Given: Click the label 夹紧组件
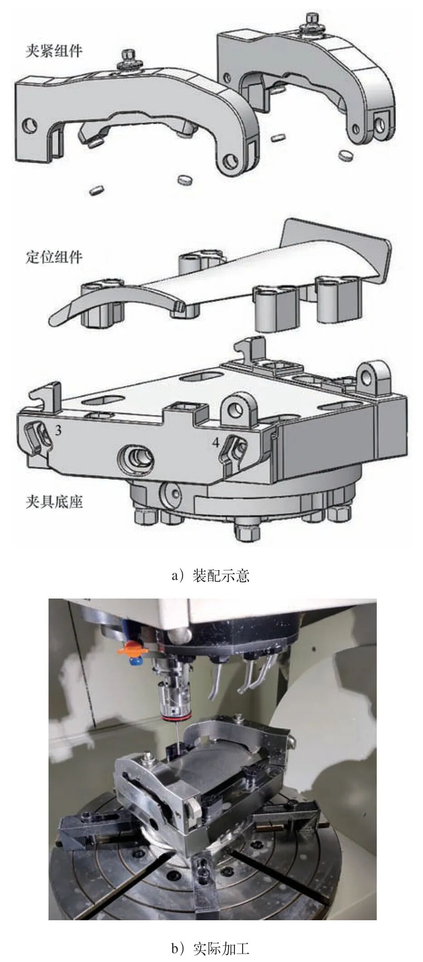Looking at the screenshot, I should (54, 50).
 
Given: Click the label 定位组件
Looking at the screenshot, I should (54, 257).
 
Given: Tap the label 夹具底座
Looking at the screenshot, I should (54, 502).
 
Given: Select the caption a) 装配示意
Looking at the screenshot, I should (211, 576).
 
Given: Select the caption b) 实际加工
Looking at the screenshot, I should (211, 948).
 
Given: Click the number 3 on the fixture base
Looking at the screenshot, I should (58, 430).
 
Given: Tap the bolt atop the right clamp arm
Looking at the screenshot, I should (311, 21).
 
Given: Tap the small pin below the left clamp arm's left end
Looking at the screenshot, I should (97, 191).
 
